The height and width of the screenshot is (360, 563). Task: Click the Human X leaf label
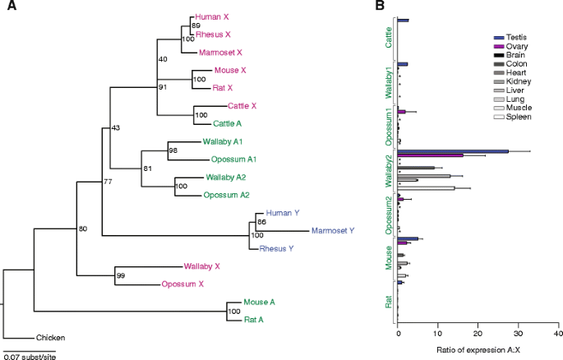[211, 16]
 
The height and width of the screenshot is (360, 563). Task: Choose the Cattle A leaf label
[229, 124]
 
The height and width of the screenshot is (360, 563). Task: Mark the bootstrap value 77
[108, 182]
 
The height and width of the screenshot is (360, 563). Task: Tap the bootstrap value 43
[115, 127]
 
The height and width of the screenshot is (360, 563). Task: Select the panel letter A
[7, 7]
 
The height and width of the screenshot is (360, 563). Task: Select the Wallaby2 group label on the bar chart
[388, 169]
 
